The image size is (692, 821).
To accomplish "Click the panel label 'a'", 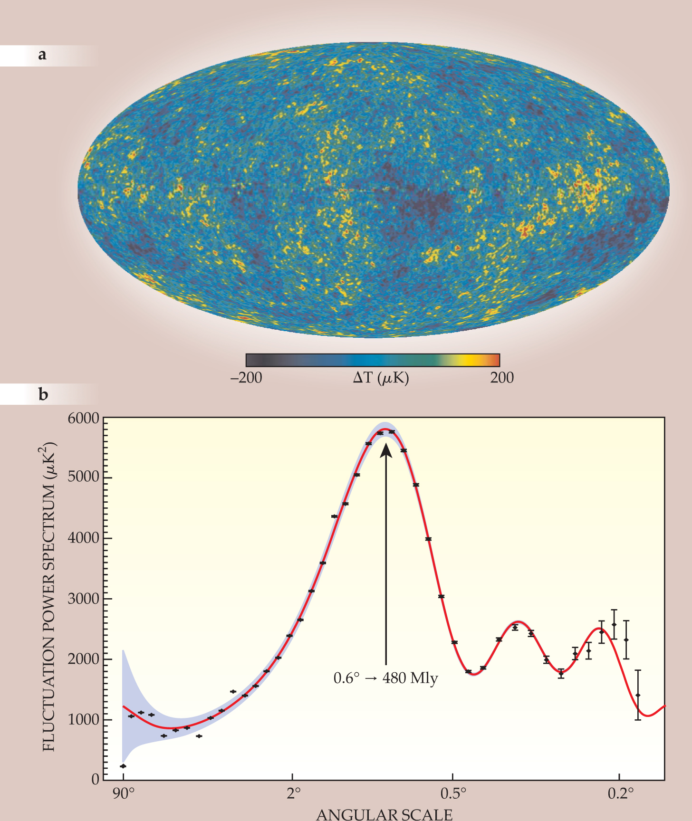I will (42, 55).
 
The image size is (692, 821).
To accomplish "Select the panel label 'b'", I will (43, 394).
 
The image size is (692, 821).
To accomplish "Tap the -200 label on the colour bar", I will (246, 378).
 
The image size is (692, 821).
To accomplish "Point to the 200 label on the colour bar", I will (502, 378).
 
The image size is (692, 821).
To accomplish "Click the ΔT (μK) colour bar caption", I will (381, 378).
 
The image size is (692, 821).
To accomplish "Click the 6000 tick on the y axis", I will (84, 419).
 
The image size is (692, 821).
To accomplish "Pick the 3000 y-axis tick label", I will (84, 599).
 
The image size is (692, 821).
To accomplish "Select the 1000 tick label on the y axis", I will (84, 719).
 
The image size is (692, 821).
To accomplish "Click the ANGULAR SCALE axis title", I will (384, 814).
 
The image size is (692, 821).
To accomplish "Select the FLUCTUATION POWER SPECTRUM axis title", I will (49, 597).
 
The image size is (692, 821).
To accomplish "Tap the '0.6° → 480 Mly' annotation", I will (385, 678).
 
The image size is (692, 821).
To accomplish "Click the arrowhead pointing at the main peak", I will (386, 449).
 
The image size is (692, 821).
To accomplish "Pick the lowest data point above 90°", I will (123, 766).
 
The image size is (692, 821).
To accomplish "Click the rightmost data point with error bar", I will (638, 695).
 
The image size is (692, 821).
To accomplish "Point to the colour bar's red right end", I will (496, 360).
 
